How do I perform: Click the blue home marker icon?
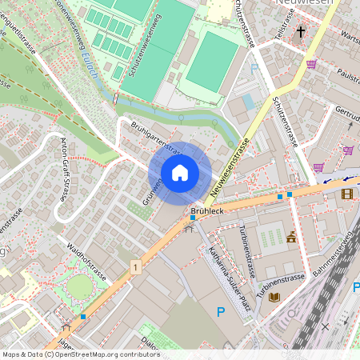[x=180, y=173]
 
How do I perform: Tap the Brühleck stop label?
[x=206, y=210]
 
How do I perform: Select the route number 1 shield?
[x=137, y=266]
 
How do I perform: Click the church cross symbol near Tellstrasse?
[x=301, y=32]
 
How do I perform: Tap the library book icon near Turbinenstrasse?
[x=274, y=297]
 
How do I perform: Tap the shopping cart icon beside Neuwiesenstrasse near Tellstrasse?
[x=311, y=64]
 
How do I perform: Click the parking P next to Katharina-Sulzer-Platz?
[x=220, y=312]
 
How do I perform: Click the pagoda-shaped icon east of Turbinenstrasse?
[x=291, y=237]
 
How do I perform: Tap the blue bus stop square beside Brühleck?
[x=193, y=217]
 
